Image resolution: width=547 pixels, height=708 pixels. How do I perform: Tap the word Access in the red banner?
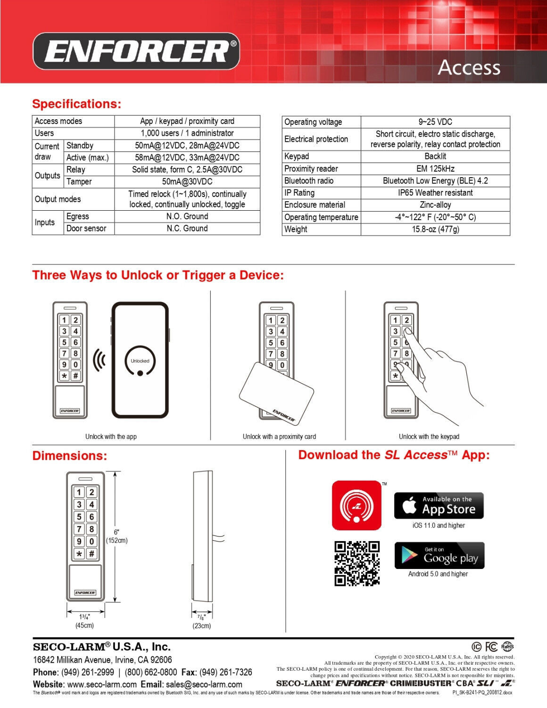[469, 68]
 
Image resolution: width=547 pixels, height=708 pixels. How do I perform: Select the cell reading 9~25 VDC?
[435, 122]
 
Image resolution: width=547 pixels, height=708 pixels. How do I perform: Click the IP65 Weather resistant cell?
[435, 193]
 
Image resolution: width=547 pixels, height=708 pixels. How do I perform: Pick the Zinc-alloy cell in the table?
[435, 205]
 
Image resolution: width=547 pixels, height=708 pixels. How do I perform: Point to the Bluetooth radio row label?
[309, 181]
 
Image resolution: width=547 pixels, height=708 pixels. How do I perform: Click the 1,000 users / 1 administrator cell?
[187, 133]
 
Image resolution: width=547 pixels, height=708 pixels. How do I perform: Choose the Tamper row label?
[79, 182]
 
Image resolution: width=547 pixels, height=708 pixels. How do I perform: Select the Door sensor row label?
[86, 229]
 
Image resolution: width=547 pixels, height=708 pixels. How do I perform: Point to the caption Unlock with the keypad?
[429, 437]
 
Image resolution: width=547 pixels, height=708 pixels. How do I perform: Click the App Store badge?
[439, 506]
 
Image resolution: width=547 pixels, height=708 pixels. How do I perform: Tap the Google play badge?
[439, 556]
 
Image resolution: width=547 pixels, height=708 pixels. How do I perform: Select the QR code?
[357, 563]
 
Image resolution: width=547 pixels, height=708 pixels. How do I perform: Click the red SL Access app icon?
[356, 506]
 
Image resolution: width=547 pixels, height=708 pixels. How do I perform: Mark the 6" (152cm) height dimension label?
[116, 536]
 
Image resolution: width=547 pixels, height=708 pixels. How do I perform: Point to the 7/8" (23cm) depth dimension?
[201, 622]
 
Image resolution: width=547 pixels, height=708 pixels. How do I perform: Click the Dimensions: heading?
[70, 456]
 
